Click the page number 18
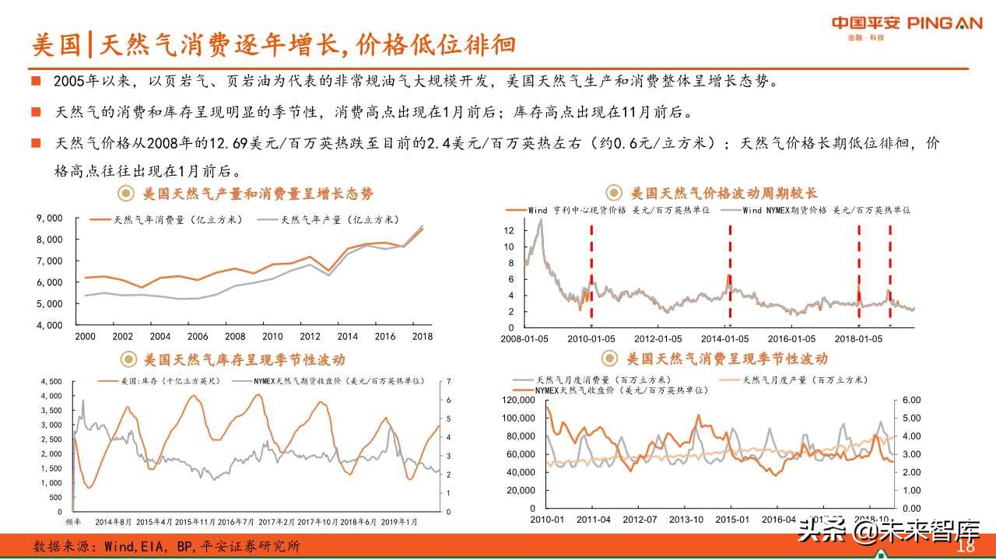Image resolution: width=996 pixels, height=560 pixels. click(x=966, y=547)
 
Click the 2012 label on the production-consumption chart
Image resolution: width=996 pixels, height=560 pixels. click(x=310, y=337)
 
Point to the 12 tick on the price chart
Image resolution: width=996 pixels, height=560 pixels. click(x=509, y=231)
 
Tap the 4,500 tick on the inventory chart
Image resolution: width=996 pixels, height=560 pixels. click(x=50, y=382)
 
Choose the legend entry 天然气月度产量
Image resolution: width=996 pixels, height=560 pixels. click(x=805, y=380)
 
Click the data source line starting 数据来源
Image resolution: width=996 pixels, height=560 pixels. click(x=167, y=547)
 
